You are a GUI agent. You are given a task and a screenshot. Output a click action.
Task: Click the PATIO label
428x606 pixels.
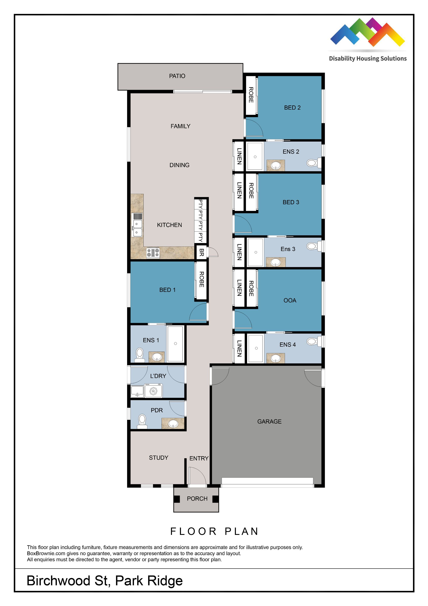[x=177, y=76]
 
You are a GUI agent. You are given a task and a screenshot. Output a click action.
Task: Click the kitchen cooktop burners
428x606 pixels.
[x=153, y=253]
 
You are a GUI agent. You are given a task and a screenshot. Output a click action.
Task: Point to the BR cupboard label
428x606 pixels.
[x=202, y=253]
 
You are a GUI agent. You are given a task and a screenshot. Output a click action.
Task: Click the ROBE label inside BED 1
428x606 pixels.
[x=202, y=279]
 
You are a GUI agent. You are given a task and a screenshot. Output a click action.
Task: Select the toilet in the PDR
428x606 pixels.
[x=142, y=422]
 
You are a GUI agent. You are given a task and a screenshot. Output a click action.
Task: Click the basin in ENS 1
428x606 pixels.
[x=157, y=357]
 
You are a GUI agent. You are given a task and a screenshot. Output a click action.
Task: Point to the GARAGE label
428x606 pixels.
[x=269, y=422]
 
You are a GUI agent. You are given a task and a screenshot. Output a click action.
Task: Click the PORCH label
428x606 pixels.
[x=197, y=498]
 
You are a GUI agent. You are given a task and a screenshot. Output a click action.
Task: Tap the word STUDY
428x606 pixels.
[x=158, y=458]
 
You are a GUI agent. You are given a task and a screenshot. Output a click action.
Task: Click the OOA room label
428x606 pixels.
[x=290, y=300]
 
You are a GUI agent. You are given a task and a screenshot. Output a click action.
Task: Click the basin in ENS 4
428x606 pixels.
[x=276, y=358]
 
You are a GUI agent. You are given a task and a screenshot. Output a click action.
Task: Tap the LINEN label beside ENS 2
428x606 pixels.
[x=239, y=156]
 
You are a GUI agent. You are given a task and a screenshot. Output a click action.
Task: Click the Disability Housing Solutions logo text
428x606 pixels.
[x=368, y=59]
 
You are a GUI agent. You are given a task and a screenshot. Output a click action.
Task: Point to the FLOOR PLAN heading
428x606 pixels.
[x=214, y=531]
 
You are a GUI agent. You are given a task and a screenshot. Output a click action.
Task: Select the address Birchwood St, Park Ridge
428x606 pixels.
[x=105, y=581]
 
